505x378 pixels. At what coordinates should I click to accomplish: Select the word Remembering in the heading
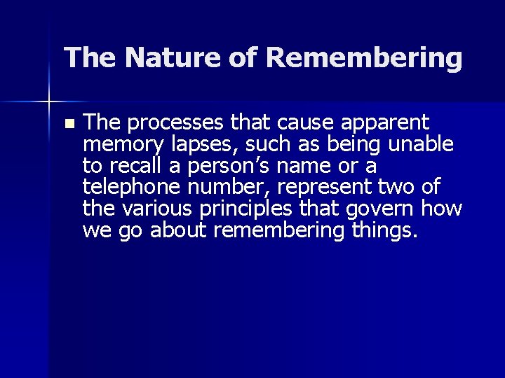364,57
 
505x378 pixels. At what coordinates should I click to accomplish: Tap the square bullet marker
68,124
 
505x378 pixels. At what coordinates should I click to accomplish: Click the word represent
327,188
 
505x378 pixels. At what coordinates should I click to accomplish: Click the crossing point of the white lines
48,103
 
